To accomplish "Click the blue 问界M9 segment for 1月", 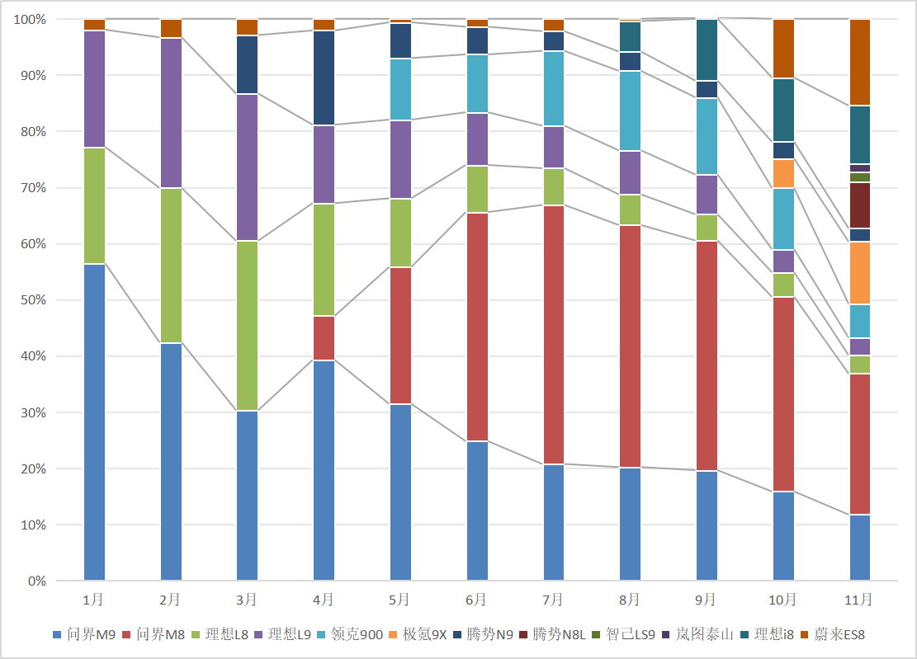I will [x=94, y=421].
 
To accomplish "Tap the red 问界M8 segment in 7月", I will [x=553, y=335].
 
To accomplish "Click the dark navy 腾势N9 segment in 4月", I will [x=324, y=78].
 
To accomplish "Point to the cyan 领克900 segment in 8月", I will [x=630, y=111].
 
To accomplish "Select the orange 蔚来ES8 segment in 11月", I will [x=860, y=62].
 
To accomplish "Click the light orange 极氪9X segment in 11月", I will [x=860, y=273].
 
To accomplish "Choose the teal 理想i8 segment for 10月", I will [x=783, y=110].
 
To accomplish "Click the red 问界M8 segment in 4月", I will [x=324, y=338].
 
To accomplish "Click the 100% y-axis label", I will [x=30, y=19].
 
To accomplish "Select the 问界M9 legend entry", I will [x=90, y=634].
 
